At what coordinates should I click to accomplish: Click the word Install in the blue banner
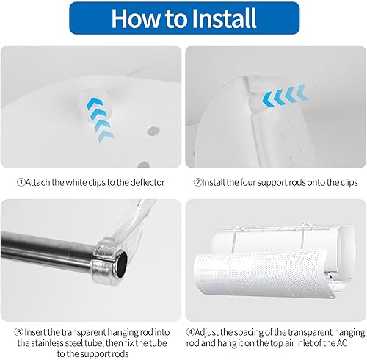tap(224, 18)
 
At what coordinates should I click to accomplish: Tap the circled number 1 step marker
tap(21, 182)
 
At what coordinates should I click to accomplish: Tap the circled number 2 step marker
tap(197, 182)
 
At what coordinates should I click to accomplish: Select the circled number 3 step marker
tap(18, 332)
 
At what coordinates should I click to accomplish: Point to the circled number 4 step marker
tap(190, 332)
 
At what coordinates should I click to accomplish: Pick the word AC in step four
tap(341, 343)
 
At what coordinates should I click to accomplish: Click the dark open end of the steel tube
tap(122, 264)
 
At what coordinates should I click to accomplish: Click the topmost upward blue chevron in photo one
tap(95, 102)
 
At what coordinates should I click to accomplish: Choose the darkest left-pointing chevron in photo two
tap(267, 100)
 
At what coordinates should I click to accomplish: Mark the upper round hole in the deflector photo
tap(153, 131)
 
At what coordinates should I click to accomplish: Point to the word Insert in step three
tap(35, 332)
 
